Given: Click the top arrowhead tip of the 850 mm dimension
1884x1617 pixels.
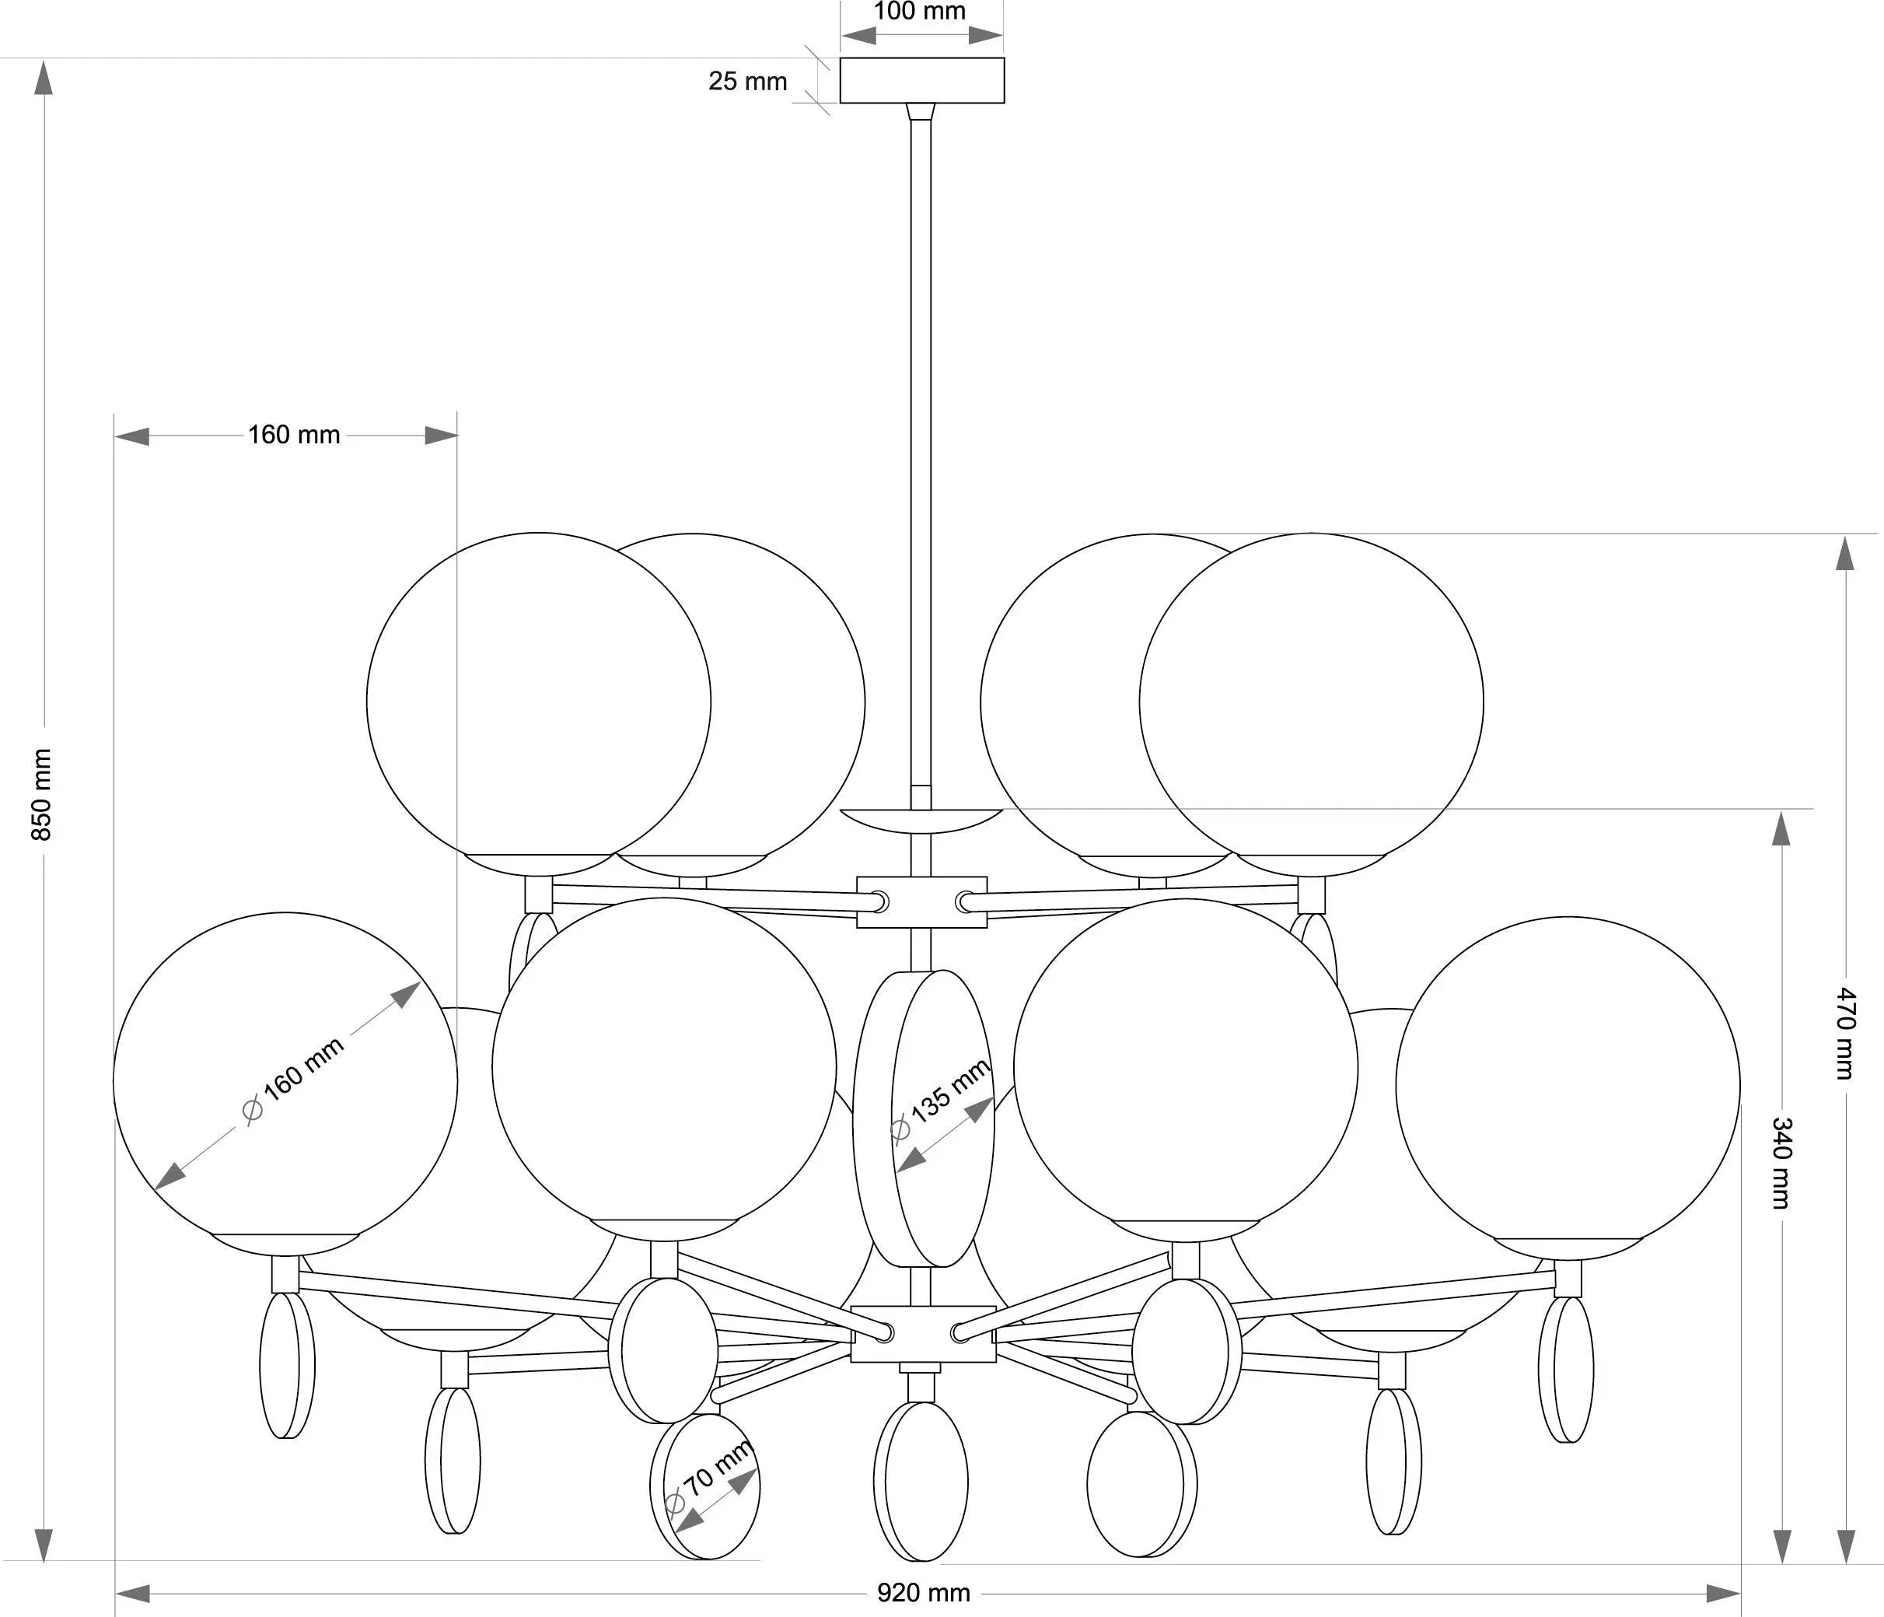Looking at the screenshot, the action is coord(43,62).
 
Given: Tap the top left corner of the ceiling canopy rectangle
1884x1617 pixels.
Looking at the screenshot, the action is coord(841,58).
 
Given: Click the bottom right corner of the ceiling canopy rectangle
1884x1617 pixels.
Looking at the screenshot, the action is coord(1005,103).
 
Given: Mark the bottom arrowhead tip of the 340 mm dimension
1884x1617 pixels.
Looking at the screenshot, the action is coord(1782,1563).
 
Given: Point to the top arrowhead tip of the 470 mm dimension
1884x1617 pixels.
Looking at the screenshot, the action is coord(1845,536).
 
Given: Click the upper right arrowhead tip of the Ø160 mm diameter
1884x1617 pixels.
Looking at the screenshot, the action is coord(420,982).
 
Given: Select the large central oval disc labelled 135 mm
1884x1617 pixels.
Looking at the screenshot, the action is coord(924,1118).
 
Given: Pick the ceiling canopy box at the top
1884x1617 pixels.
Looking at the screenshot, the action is coord(922,81).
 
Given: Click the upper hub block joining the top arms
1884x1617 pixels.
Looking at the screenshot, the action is coord(922,902).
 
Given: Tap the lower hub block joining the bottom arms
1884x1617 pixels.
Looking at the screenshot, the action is coord(923,1334).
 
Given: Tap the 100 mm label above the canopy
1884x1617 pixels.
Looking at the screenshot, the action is coord(920,12).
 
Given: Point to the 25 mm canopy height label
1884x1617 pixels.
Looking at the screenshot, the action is coord(747,81).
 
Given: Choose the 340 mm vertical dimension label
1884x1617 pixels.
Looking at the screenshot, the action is coord(1782,1164).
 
